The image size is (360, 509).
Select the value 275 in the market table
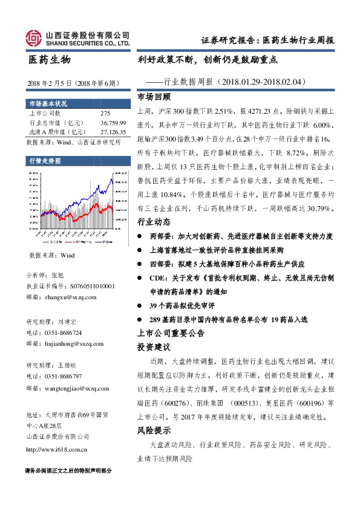[x=105, y=113]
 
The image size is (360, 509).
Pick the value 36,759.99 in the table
[x=113, y=122]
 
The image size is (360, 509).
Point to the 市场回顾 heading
[x=154, y=96]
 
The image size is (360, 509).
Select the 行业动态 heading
[x=154, y=222]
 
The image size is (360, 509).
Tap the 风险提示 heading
[x=154, y=431]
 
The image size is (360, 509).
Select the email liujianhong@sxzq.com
[x=63, y=343]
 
